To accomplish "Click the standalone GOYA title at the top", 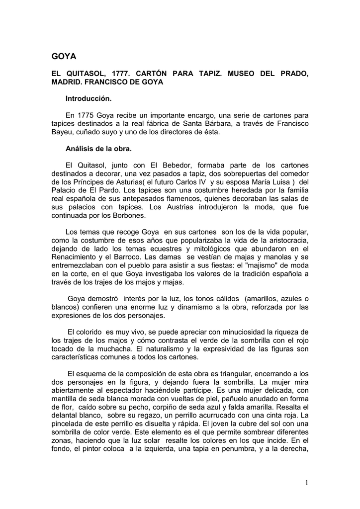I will point(65,56).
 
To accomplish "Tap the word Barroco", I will point(147,256).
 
